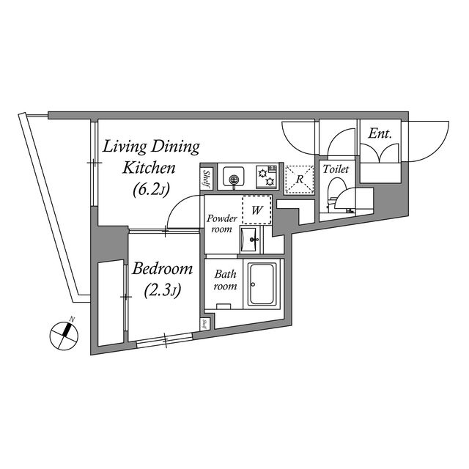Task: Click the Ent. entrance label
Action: click(380, 133)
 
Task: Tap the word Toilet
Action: click(336, 169)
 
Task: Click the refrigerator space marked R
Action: click(300, 179)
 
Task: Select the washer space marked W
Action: click(257, 210)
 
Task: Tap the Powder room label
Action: click(221, 224)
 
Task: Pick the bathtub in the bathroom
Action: click(262, 284)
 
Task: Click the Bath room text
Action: click(225, 280)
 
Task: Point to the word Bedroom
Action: click(163, 268)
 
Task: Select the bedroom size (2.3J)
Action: click(163, 289)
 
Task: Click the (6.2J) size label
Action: click(152, 189)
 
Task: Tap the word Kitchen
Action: click(149, 168)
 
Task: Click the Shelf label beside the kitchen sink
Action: click(207, 179)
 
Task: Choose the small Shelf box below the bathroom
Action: click(205, 324)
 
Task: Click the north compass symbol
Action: click(64, 336)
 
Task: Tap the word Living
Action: click(125, 148)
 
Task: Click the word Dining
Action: click(175, 148)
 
